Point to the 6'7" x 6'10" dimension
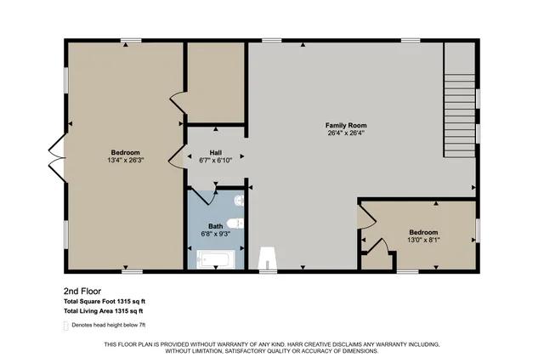[216, 160]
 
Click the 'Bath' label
[215, 226]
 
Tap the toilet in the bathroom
[240, 202]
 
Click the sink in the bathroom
[241, 224]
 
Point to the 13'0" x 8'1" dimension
[423, 241]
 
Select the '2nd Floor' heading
[83, 289]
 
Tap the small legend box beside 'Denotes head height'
[66, 326]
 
